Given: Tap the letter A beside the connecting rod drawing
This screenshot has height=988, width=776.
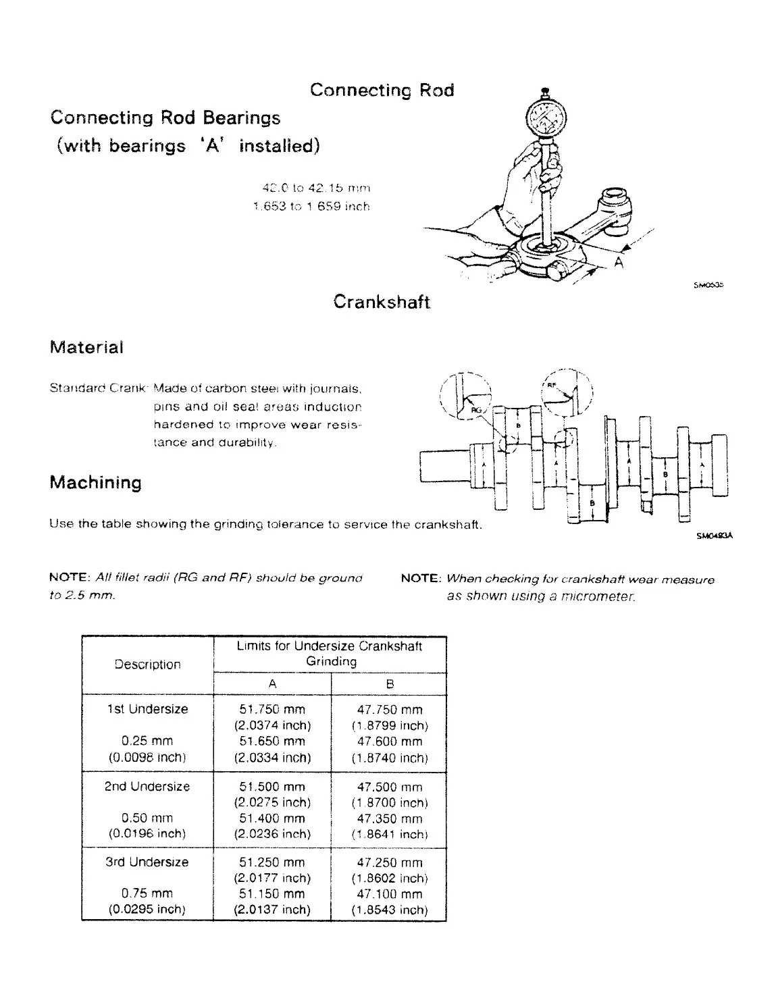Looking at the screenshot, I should pos(619,263).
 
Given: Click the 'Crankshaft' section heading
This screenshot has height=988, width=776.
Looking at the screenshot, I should pos(382,301).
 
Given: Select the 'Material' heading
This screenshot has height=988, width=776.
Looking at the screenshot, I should pos(86,348).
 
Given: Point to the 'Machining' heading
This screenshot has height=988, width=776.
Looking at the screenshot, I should pos(96,482).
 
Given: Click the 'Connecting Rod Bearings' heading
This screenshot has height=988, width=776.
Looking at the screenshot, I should pos(165,118).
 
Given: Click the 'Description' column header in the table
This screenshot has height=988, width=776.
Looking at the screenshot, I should pos(147,665).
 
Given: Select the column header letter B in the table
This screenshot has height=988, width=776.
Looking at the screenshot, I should pos(389,683).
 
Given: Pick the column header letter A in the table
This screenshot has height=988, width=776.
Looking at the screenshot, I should pos(272,683).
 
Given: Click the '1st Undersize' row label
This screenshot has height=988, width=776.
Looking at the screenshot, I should pos(147,709).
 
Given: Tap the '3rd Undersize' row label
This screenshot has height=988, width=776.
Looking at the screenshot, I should pos(147,862).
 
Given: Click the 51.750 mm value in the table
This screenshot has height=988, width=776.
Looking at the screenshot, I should pos(272,709).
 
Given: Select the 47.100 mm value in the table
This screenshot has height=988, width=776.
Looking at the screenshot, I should pos(389,893).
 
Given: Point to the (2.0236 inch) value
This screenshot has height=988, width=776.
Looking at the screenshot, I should pos(272,833).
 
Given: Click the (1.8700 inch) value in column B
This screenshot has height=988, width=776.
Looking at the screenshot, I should pos(389,802).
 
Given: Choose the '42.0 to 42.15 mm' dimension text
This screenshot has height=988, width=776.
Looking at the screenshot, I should pos(316,188).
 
